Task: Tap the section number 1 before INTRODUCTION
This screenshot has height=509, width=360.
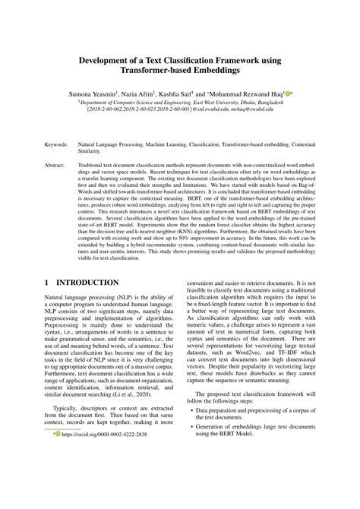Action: point(47,283)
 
